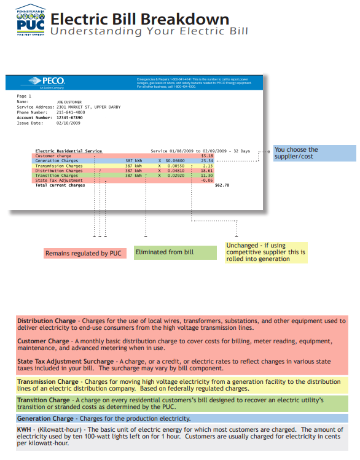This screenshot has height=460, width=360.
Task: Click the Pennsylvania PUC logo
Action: (30, 20)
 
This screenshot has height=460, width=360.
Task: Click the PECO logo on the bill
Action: (50, 82)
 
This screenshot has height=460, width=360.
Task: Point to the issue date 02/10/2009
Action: (68, 123)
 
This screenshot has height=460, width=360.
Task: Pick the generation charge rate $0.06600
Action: (176, 161)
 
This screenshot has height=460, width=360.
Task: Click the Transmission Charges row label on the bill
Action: (59, 166)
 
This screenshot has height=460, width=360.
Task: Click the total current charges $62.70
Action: (222, 185)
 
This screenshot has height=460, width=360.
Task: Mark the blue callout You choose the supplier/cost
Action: (314, 153)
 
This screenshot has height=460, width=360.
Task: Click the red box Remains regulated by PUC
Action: (84, 253)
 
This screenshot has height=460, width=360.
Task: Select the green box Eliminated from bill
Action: (175, 252)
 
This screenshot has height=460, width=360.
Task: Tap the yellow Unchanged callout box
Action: (265, 252)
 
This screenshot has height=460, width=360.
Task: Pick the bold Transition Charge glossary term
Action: (44, 400)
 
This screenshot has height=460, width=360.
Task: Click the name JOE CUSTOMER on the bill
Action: (69, 101)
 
